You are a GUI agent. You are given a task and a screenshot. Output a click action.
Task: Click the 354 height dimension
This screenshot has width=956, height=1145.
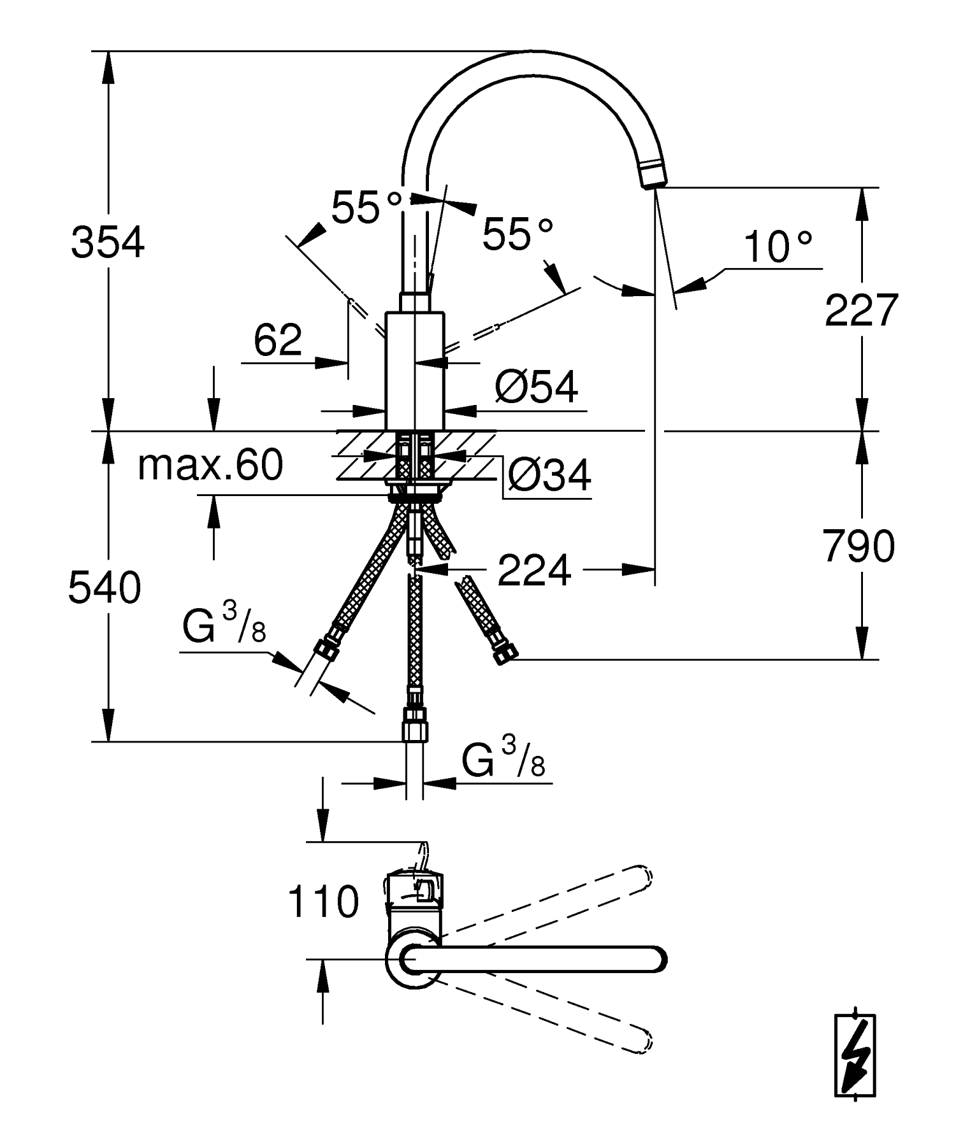coord(108,243)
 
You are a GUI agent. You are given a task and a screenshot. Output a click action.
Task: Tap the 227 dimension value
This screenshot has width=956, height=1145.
coord(861,310)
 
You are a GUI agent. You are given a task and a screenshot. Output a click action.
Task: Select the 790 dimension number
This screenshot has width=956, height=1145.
coord(859,546)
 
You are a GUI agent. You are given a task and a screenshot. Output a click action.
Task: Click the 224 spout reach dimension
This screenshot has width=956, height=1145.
coord(534,570)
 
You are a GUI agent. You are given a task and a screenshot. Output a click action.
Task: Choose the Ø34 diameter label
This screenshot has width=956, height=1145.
coord(549,474)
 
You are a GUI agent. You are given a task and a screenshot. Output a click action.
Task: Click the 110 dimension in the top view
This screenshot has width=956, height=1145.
coord(323,902)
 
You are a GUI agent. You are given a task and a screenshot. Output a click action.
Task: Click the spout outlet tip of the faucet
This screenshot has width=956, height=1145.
coord(651,176)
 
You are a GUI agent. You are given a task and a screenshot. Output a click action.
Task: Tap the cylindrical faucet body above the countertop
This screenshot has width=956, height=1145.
coord(414,369)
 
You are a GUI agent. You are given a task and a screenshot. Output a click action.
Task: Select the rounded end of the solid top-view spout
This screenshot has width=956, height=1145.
coord(656,960)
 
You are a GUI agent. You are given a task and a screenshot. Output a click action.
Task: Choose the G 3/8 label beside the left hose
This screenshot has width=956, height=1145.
coord(224,626)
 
